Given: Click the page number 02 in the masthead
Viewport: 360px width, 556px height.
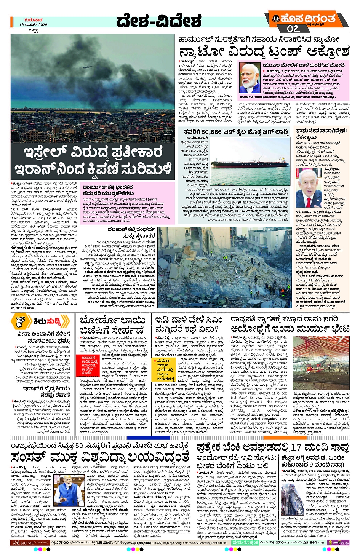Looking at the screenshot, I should (x=293, y=29).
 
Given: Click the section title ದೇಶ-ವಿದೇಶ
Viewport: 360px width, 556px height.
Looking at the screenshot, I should (x=159, y=21).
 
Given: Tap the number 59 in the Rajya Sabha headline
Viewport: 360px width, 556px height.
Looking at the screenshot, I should (x=79, y=446).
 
